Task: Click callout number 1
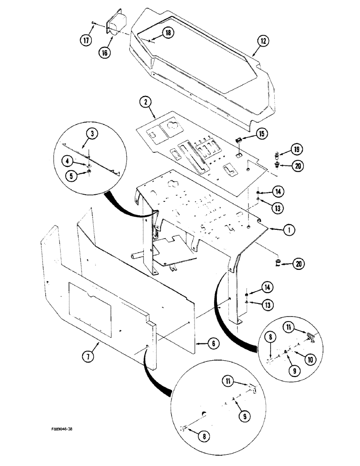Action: click(288, 229)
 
